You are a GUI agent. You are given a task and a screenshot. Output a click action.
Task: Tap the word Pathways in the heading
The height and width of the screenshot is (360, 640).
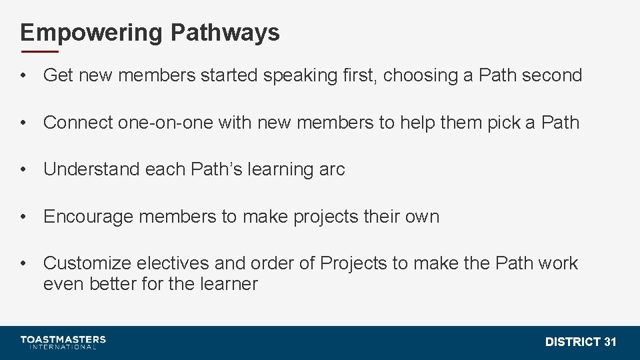[225, 32]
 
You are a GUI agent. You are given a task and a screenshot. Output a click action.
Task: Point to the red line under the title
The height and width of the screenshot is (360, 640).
[39, 51]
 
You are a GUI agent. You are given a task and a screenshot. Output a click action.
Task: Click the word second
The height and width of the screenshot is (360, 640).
[552, 75]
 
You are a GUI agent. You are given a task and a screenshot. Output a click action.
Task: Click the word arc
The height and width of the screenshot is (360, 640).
[332, 170]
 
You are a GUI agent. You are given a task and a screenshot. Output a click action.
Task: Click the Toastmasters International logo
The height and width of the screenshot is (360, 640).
[63, 342]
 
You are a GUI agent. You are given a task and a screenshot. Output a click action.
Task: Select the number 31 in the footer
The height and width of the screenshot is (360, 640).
[610, 342]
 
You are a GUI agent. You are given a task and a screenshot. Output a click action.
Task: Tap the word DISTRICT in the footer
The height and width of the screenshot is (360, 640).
[573, 342]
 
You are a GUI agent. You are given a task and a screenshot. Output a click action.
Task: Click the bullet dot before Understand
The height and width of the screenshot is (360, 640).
[24, 169]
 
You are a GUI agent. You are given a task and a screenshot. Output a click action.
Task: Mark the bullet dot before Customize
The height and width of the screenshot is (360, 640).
[24, 263]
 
